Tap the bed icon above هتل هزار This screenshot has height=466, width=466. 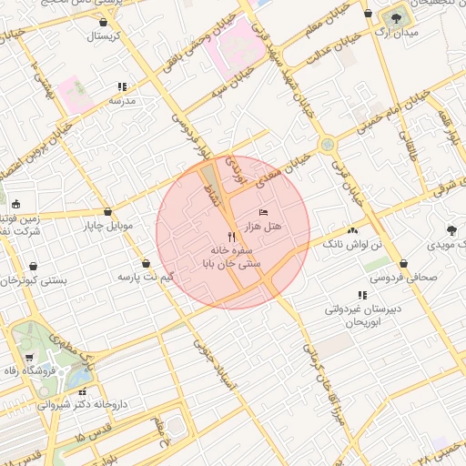coord(264,212)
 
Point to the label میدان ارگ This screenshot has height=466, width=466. coord(396,34)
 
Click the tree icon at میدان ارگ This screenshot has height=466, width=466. coord(396,18)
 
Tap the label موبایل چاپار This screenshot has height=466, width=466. coord(108,225)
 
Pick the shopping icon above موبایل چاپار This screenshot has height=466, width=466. coord(108,211)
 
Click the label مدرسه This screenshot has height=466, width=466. coord(122,101)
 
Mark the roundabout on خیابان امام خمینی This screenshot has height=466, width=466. coord(326,143)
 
